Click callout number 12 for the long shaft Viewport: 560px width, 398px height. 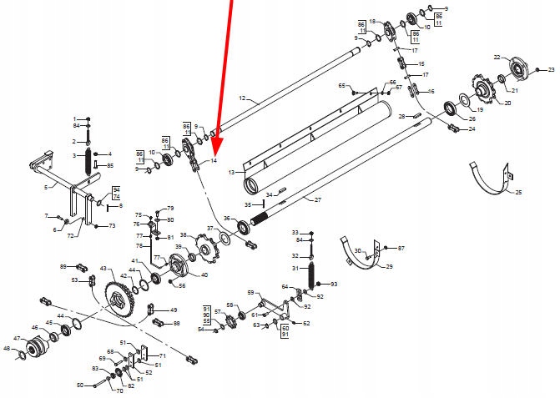[242, 98]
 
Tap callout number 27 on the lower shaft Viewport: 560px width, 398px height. [317, 200]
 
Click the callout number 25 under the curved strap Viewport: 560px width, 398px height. [517, 193]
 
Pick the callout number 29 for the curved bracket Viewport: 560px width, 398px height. [387, 266]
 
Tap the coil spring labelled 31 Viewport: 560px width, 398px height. [312, 274]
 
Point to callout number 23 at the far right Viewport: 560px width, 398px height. [551, 70]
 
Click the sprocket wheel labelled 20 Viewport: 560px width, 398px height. [486, 88]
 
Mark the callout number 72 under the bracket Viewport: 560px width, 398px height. [71, 236]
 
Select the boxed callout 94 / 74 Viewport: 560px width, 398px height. [116, 193]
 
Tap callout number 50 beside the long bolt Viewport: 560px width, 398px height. [80, 385]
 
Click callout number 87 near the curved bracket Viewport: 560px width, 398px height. [401, 249]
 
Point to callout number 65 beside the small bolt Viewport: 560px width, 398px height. [341, 86]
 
